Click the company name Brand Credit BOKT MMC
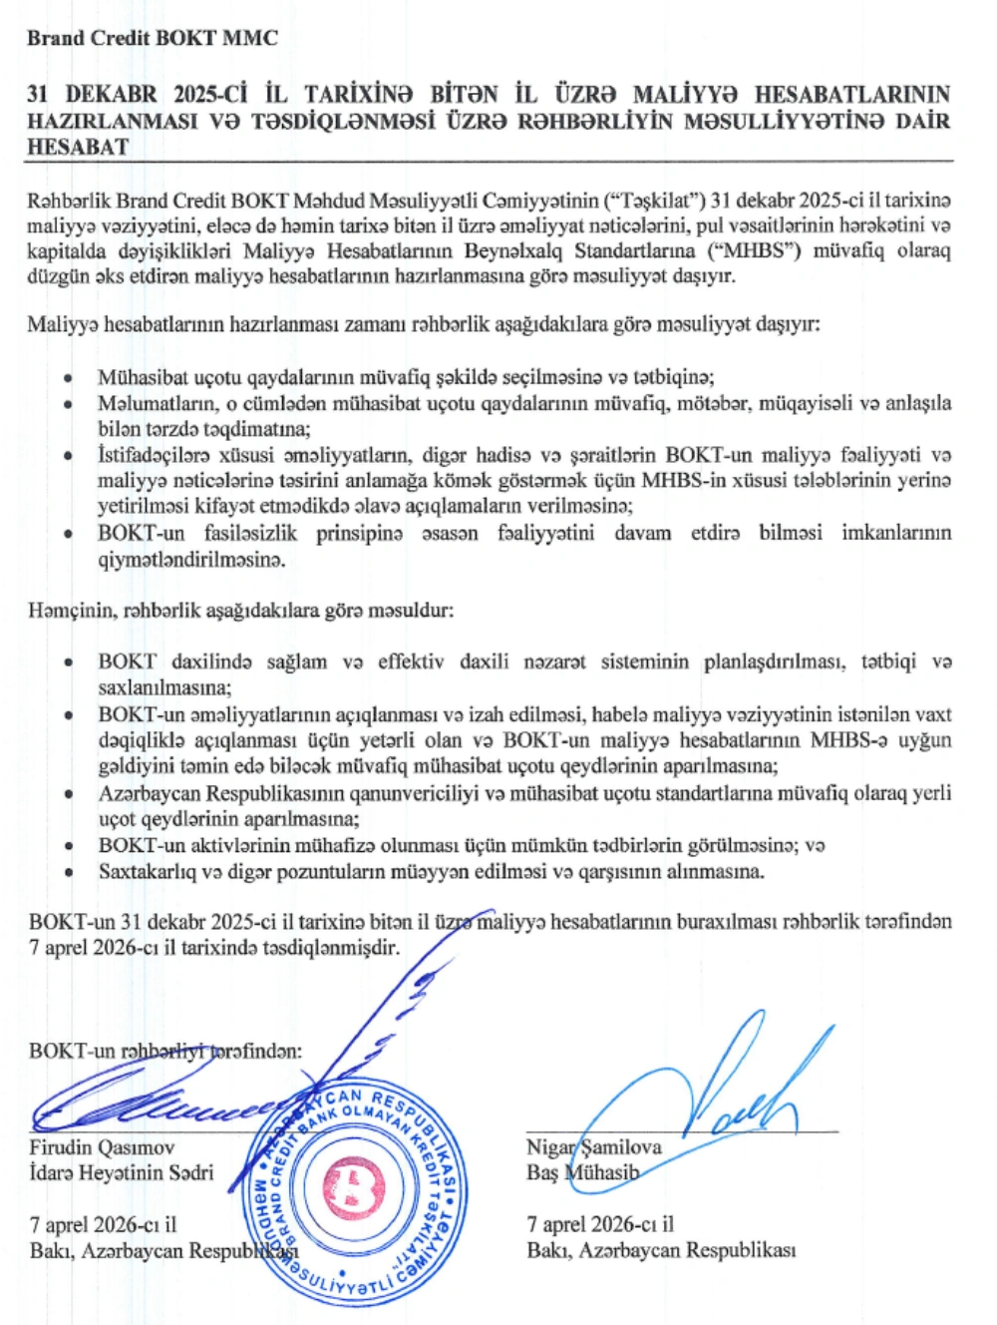coord(153,39)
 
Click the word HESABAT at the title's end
coord(78,147)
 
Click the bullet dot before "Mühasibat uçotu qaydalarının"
coord(68,378)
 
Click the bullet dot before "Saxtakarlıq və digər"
coord(68,872)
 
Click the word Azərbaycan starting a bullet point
coord(151,793)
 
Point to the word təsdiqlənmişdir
coord(330,947)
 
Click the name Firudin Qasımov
coord(102,1147)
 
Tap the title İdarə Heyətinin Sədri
coord(121,1172)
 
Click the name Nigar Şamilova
coord(594,1147)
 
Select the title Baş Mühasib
coord(582,1172)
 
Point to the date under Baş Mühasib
coord(600,1224)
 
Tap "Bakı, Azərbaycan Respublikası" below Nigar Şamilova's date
coord(661,1250)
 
